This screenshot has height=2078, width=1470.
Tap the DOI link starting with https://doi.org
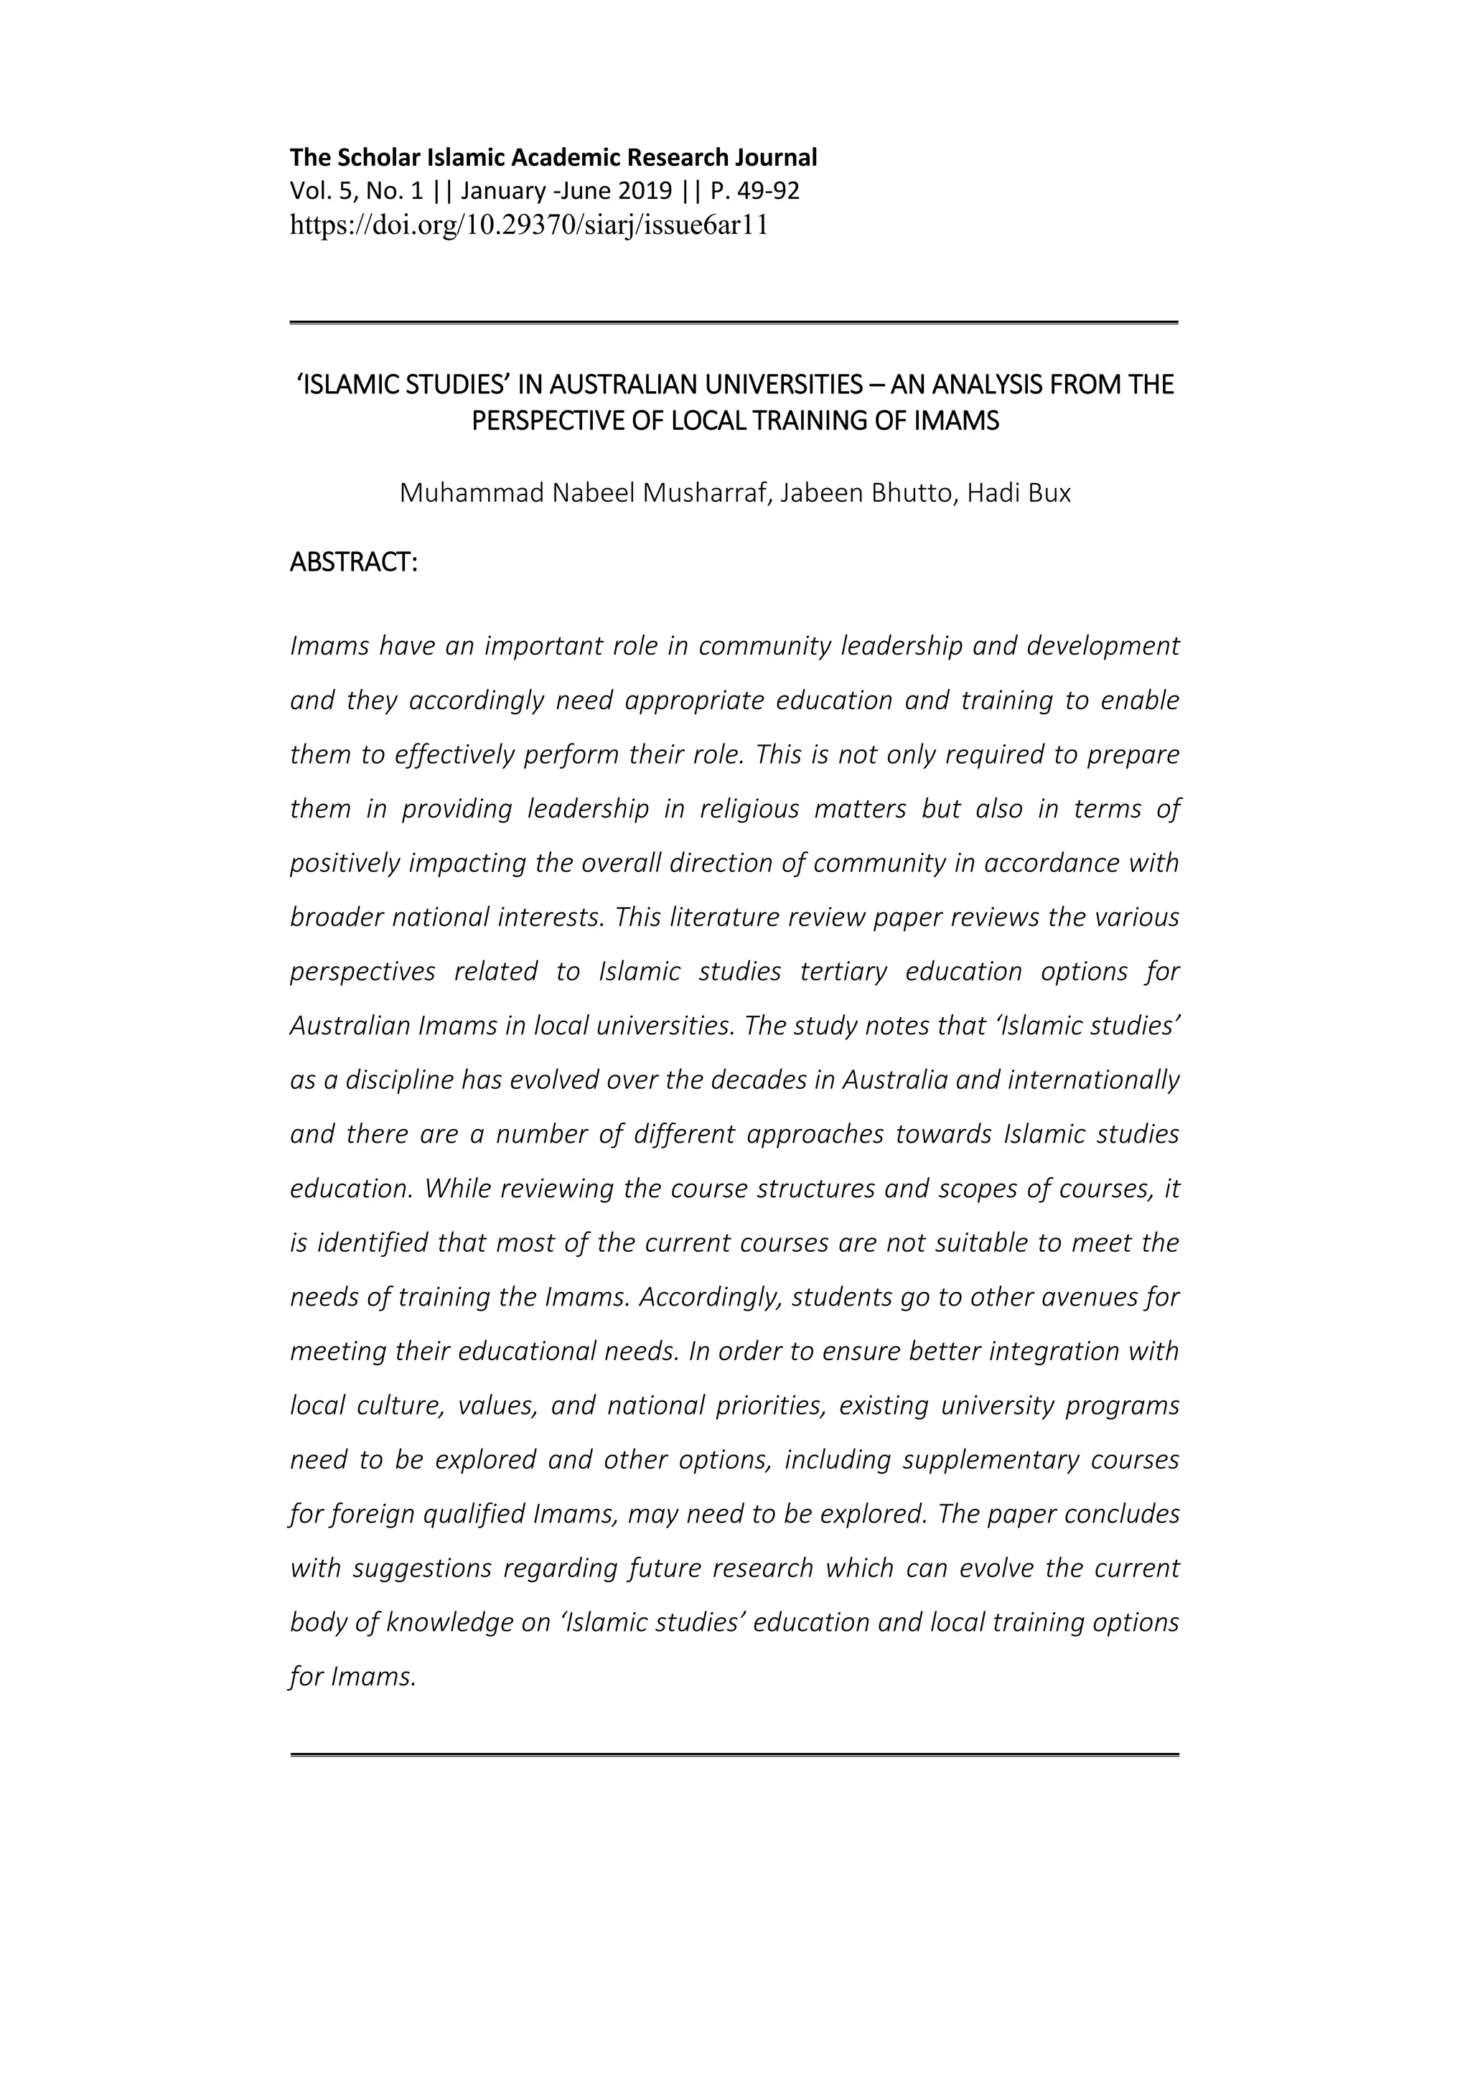[528, 225]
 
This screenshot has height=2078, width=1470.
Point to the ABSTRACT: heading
[353, 562]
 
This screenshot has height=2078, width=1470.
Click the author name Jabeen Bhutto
[866, 493]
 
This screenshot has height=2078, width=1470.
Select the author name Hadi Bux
[1019, 493]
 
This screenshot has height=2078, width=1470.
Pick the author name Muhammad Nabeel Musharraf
[584, 493]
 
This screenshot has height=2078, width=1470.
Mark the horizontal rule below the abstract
[734, 1755]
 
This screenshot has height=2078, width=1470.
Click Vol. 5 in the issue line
[312, 191]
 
